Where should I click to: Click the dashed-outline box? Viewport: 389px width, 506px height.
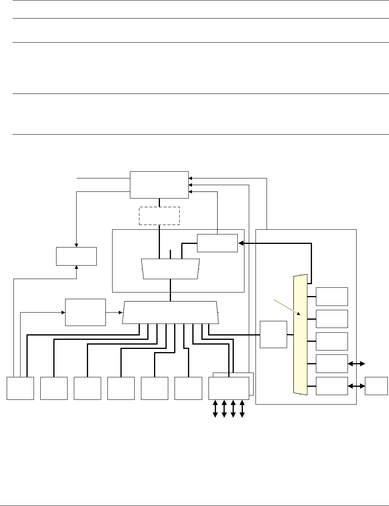(x=159, y=216)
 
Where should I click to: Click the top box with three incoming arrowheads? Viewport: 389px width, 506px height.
(x=159, y=185)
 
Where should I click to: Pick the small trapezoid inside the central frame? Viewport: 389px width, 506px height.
(x=171, y=269)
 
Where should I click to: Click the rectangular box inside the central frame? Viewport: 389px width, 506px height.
(x=217, y=243)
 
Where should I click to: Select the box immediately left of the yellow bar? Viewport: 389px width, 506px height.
(x=274, y=334)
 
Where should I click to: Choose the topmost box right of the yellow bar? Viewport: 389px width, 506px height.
(x=332, y=296)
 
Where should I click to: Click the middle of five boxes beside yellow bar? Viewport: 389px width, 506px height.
(x=332, y=341)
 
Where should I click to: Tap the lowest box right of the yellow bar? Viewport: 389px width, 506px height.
(x=332, y=386)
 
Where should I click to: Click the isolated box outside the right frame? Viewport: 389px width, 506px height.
(x=376, y=386)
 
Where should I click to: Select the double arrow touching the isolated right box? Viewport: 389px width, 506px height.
(x=357, y=386)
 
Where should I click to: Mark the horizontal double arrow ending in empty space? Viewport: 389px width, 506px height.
(x=357, y=364)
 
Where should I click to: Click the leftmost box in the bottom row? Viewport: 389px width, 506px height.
(x=20, y=388)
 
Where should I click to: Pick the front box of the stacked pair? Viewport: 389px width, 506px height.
(x=229, y=388)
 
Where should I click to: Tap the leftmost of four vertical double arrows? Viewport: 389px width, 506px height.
(x=215, y=409)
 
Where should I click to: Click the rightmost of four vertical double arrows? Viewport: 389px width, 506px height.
(x=242, y=409)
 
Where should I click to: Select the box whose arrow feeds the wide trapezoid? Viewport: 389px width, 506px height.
(x=85, y=312)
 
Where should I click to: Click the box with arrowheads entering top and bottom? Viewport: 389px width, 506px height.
(x=76, y=256)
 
